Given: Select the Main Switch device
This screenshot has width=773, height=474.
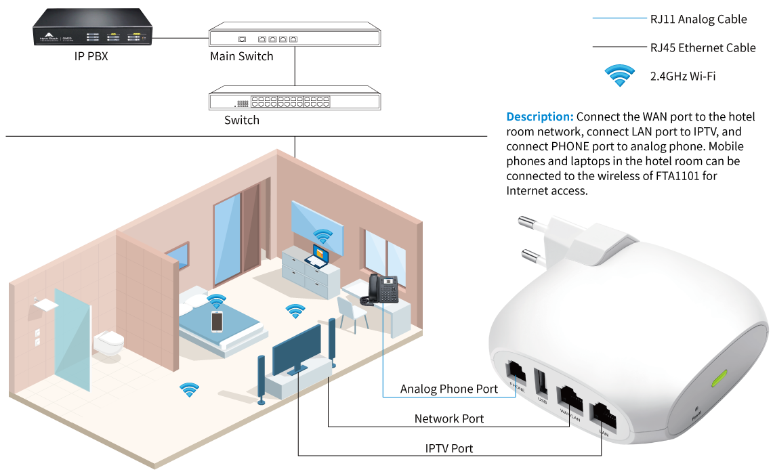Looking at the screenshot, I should [x=294, y=35].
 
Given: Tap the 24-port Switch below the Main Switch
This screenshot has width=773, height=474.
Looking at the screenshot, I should [x=294, y=99].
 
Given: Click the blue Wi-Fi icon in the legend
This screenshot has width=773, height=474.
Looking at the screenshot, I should [x=619, y=75].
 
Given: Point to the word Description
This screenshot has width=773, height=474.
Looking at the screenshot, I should [x=540, y=116].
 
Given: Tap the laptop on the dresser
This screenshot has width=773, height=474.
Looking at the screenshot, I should [x=317, y=257].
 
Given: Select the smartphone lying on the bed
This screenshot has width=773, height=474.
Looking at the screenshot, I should [x=217, y=321].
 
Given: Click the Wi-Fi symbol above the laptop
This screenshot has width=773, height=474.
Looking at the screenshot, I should [x=322, y=236].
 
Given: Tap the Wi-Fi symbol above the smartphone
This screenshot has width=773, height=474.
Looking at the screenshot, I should [x=216, y=301].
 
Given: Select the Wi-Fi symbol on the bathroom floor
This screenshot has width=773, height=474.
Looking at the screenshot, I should [x=189, y=389].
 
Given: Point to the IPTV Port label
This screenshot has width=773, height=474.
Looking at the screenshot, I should [x=448, y=448].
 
